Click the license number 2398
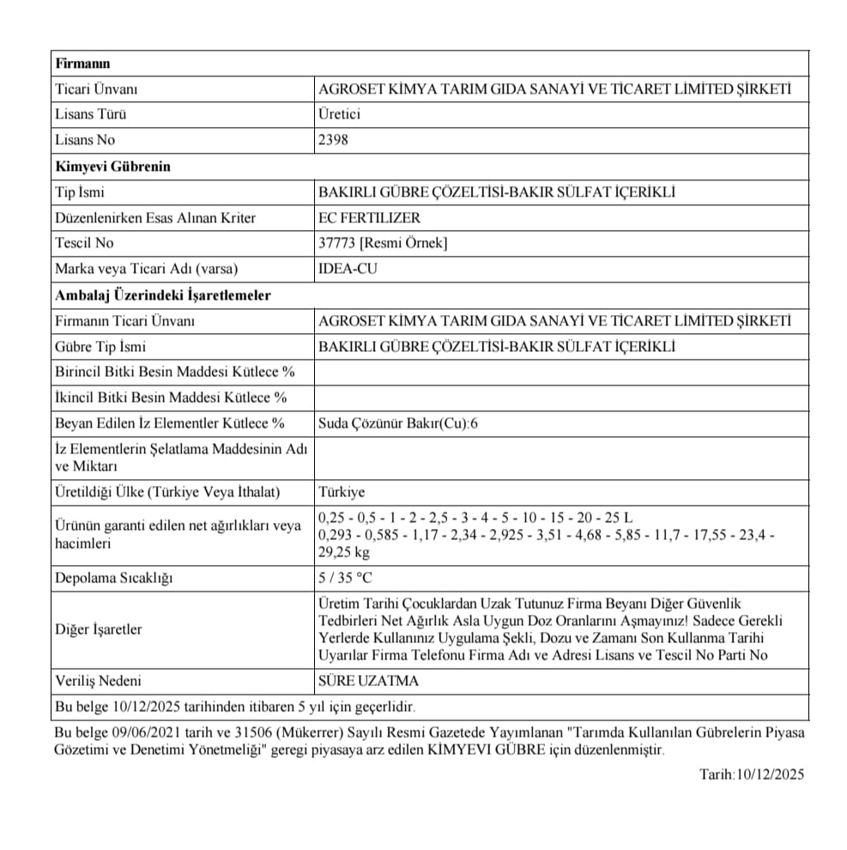(333, 140)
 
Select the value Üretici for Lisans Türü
(340, 114)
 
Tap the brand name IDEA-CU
(348, 269)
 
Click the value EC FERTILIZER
(369, 217)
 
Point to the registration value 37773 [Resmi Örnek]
(383, 243)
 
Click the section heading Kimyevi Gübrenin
(112, 166)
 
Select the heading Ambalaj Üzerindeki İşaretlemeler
(163, 294)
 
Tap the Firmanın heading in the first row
(82, 63)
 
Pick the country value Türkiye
(342, 492)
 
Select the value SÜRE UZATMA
(368, 681)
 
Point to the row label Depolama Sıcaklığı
(113, 578)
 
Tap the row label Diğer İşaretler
(99, 629)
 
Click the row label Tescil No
(84, 243)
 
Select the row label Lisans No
(85, 140)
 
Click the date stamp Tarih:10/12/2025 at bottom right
(752, 774)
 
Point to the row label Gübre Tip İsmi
(100, 346)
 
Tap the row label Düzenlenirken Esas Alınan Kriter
(155, 217)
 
